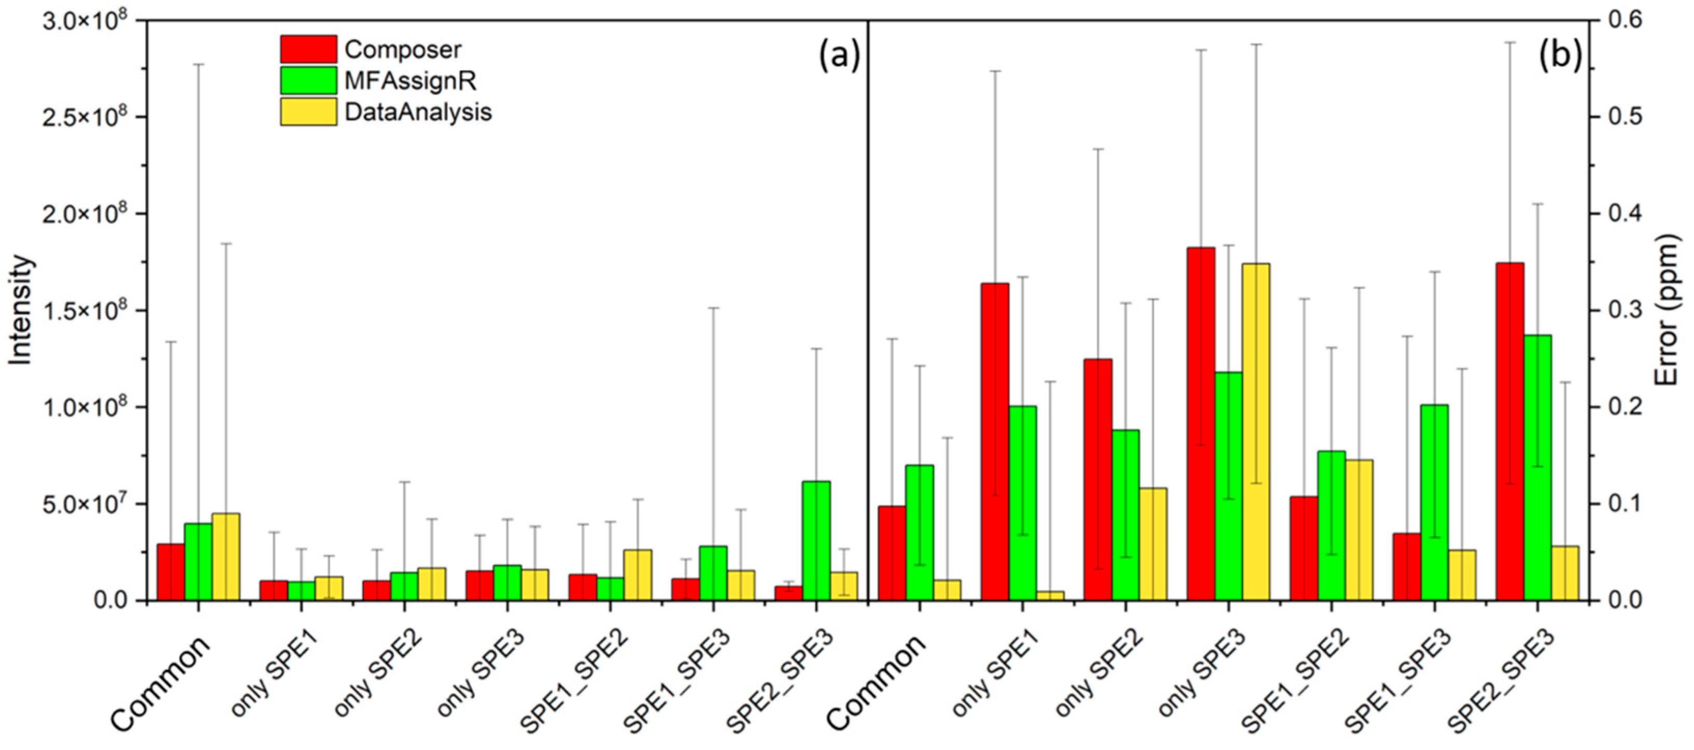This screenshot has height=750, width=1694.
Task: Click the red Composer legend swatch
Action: click(x=308, y=49)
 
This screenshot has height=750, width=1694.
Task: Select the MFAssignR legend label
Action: click(x=410, y=81)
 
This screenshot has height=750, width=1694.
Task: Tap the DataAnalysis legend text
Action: click(x=418, y=112)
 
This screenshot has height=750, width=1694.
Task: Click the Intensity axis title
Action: click(x=21, y=310)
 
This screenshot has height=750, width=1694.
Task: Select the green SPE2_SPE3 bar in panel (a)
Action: click(x=816, y=541)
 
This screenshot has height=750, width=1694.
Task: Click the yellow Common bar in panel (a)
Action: click(x=225, y=557)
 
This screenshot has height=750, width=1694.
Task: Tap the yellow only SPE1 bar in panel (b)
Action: click(x=1050, y=596)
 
